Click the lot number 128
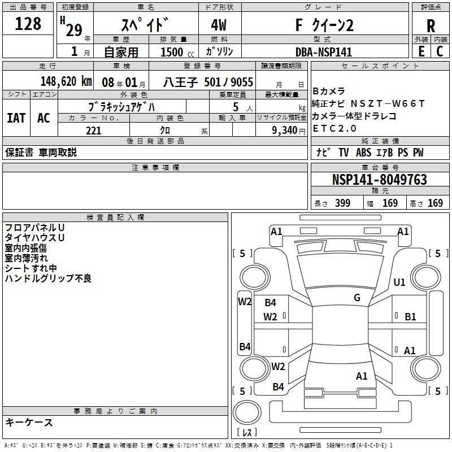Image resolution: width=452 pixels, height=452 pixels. click(28, 24)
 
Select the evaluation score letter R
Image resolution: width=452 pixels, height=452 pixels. click(431, 27)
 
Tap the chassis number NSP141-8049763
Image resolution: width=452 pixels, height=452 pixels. click(379, 180)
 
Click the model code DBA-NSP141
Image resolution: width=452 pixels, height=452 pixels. click(323, 52)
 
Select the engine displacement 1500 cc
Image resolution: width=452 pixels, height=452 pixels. click(172, 52)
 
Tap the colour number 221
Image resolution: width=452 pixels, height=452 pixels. click(94, 131)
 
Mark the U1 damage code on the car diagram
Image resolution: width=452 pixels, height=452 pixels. click(399, 282)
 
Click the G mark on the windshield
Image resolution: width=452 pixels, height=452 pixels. click(357, 298)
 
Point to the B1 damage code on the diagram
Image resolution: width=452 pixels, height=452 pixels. click(410, 317)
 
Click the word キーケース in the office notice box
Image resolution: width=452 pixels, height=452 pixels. click(29, 422)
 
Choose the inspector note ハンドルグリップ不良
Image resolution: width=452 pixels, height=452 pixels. click(48, 279)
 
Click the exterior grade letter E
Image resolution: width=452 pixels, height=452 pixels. click(421, 52)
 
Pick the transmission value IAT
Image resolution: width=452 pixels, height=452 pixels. click(16, 118)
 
